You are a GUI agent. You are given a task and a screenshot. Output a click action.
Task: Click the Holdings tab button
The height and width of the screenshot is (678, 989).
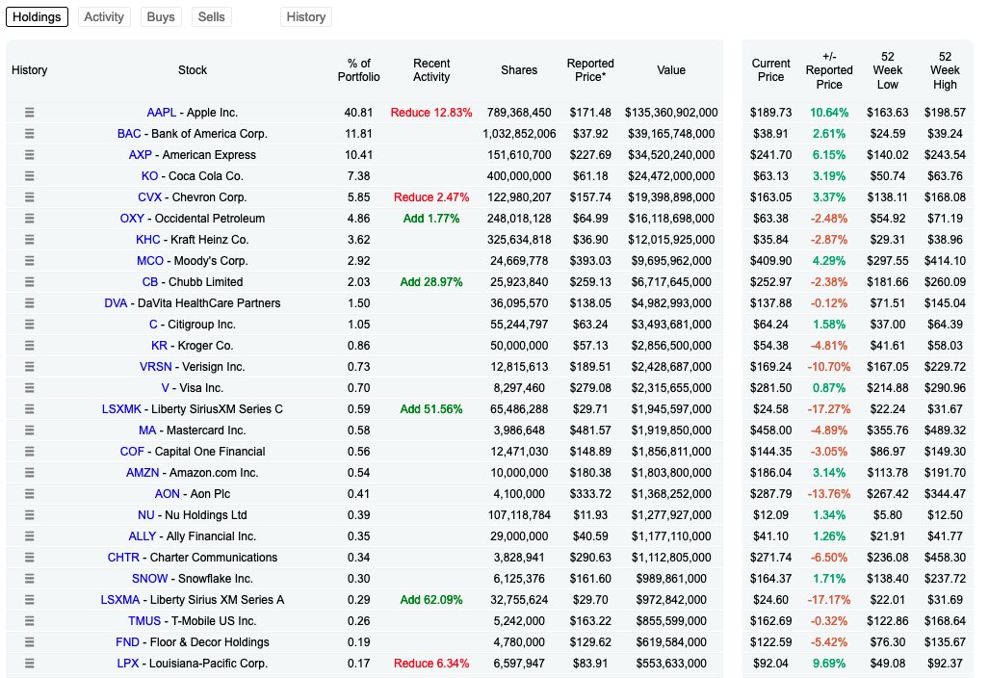[x=37, y=16]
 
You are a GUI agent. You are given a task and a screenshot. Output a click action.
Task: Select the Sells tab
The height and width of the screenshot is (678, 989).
[x=212, y=16]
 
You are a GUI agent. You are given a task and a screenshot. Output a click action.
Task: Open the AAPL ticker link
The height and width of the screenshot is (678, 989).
[x=161, y=113]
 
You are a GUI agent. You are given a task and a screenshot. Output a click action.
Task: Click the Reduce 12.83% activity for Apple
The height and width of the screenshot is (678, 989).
[x=430, y=113]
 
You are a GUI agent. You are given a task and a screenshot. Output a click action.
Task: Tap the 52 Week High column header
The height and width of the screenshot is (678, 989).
[x=945, y=70]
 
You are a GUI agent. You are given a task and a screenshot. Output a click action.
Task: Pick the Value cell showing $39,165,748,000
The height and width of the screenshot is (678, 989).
[x=671, y=134]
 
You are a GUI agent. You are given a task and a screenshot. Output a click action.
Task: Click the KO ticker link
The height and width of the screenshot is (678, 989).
[x=149, y=176]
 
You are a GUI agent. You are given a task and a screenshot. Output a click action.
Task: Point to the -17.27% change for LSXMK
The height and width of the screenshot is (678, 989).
[x=828, y=409]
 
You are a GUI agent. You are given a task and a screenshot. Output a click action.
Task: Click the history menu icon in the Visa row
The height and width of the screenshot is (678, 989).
[x=29, y=388]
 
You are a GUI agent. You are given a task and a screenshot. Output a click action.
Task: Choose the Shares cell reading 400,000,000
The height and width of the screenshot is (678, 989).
[x=519, y=176]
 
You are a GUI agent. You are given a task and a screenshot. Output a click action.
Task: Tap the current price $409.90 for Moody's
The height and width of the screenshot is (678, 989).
[x=770, y=261]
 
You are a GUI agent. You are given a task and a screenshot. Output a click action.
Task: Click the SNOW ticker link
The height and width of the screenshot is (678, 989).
[x=149, y=579]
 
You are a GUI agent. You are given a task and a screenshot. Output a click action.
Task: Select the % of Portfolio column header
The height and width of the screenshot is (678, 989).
[x=358, y=70]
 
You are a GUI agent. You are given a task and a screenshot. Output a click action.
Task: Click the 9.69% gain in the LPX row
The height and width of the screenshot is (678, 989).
[x=828, y=664]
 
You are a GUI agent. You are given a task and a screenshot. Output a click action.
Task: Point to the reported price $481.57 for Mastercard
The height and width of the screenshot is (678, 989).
[x=589, y=430]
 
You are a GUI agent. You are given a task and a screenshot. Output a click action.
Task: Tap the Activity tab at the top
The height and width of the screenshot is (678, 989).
[x=104, y=16]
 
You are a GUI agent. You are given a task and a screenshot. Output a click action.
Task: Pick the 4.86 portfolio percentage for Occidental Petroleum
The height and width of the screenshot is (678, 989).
[x=357, y=219]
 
